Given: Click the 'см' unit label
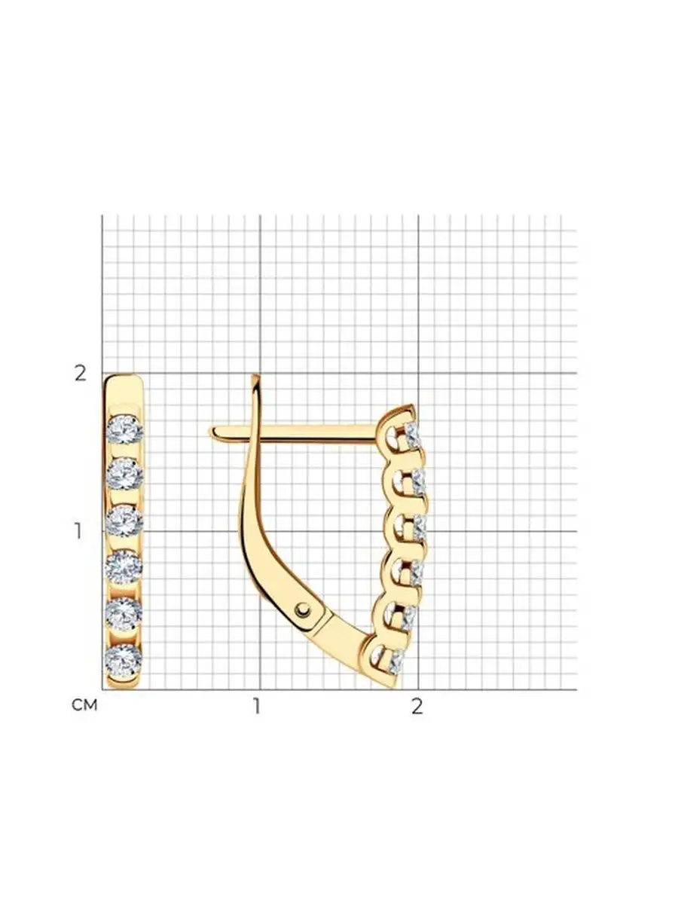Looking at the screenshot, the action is [x=84, y=704].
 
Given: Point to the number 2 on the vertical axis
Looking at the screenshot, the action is [x=81, y=374].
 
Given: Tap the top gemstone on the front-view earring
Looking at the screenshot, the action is [x=125, y=429].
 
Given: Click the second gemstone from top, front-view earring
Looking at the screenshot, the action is [x=125, y=475].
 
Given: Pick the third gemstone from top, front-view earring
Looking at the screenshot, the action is [x=124, y=521].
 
